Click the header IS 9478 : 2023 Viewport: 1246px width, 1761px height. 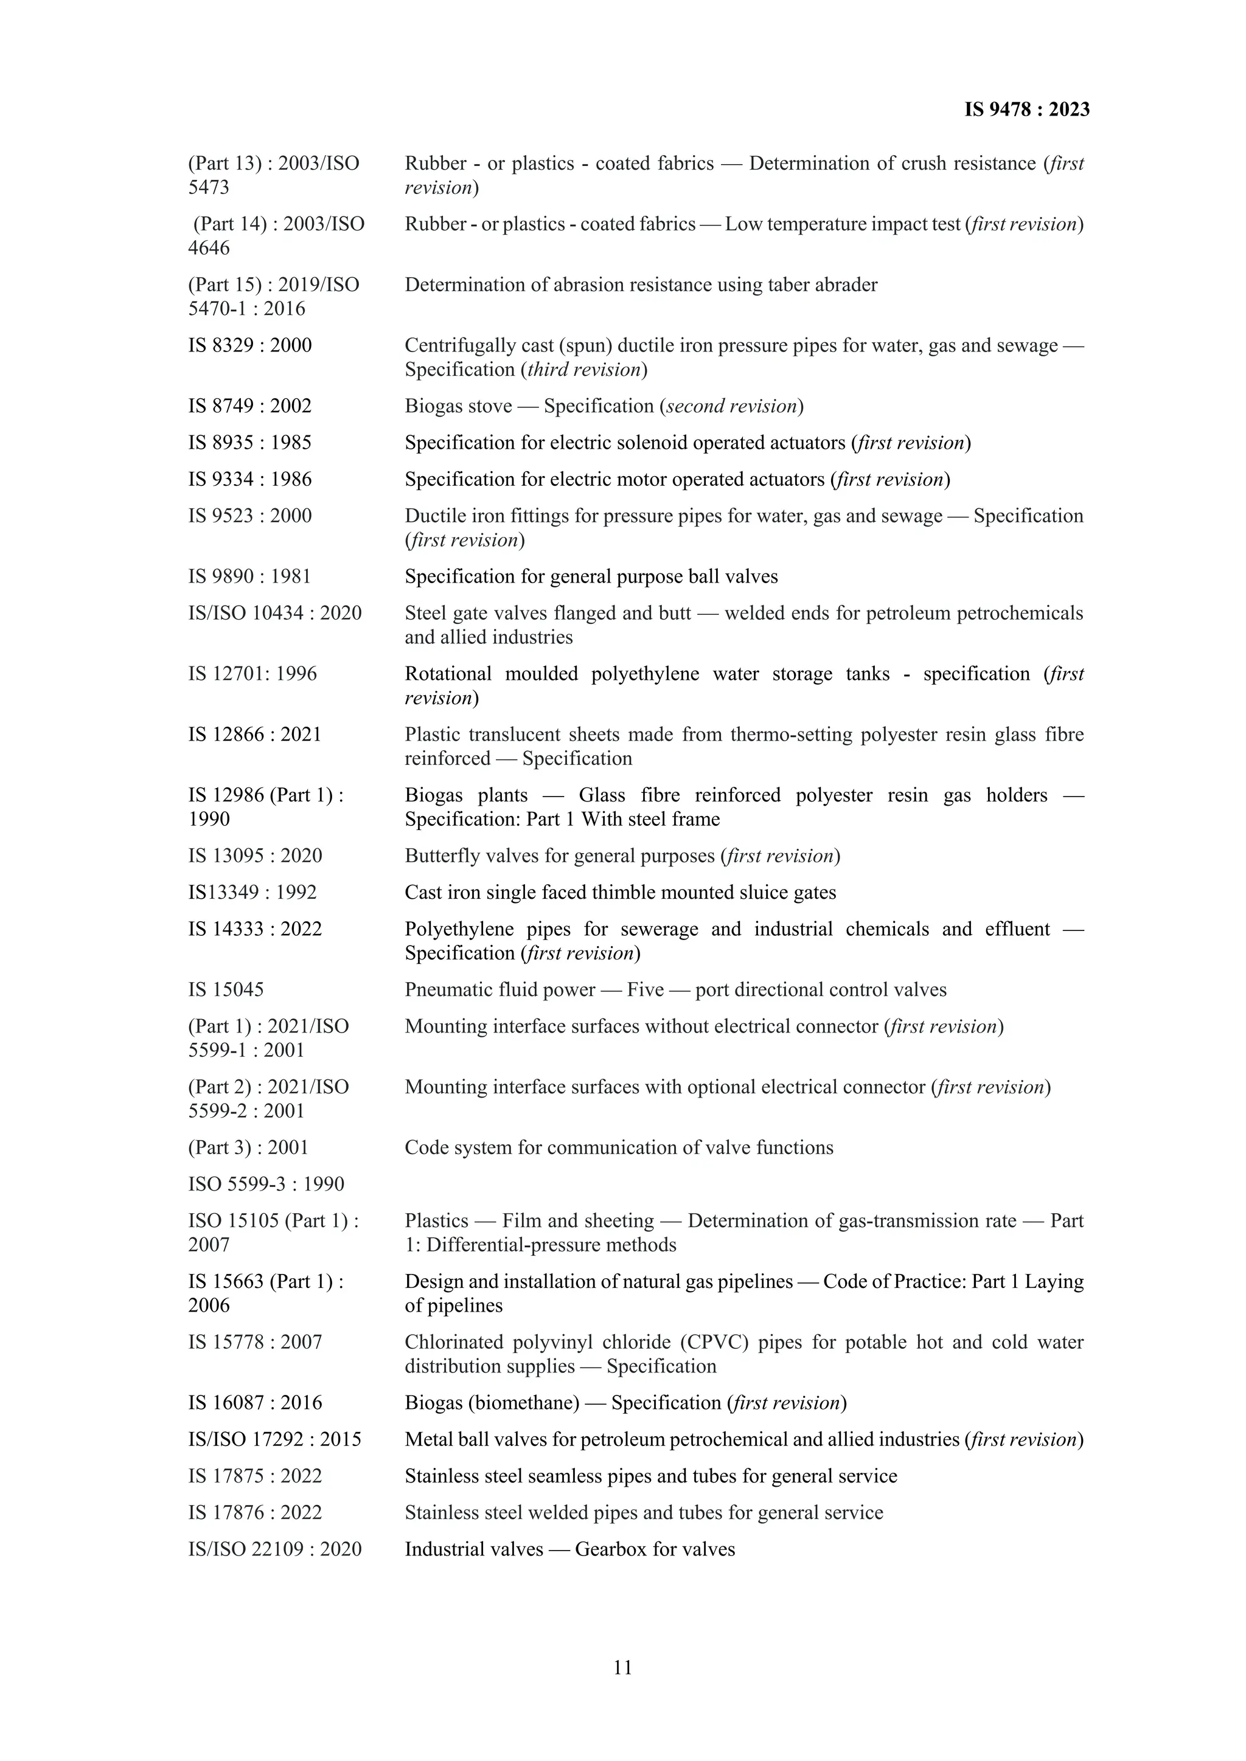tap(1026, 109)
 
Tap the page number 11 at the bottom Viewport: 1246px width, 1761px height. tap(622, 1667)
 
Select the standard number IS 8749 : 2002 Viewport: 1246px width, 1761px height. tap(250, 406)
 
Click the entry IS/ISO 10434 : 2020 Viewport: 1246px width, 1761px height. tap(274, 613)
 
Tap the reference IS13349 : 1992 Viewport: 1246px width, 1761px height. tap(252, 892)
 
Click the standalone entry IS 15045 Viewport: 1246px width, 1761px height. tap(226, 989)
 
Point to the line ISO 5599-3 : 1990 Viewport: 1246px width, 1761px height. tap(266, 1183)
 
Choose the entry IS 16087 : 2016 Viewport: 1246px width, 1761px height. tap(255, 1402)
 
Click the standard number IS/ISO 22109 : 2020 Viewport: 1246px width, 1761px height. tap(274, 1549)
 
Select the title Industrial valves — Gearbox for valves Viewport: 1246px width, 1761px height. tap(569, 1549)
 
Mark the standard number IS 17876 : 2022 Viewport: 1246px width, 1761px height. tap(255, 1512)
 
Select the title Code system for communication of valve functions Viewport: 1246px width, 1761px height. tap(618, 1147)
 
